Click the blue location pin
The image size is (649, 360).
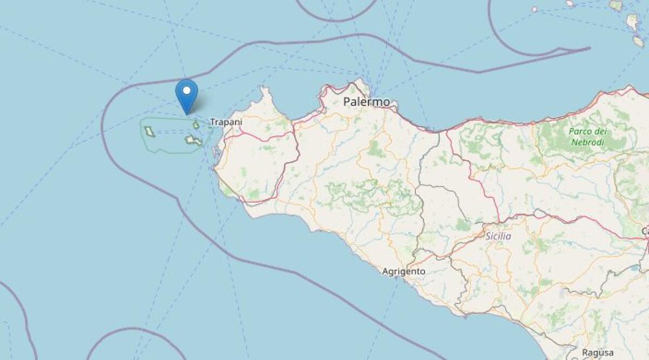coord(187,95)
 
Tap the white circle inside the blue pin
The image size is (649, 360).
coord(187,90)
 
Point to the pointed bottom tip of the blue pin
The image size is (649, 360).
coord(187,114)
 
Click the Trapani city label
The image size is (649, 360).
coord(226,122)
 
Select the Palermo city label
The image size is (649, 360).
coord(367,102)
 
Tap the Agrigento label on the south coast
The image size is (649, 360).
coord(403,271)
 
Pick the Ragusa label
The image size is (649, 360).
coord(598,352)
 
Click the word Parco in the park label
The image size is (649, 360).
coord(580,132)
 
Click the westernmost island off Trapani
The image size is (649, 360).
coord(149,131)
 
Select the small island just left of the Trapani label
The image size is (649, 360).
coord(196,125)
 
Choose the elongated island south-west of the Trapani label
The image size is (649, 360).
coord(193,141)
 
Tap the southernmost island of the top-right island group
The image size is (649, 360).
coord(639,42)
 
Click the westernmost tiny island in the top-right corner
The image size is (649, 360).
coord(534,9)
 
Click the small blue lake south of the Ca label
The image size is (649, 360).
coord(632,268)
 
